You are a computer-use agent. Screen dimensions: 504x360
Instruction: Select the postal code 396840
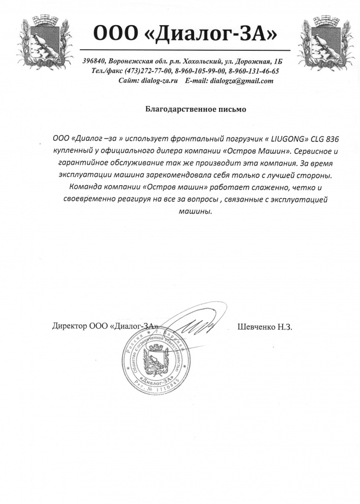pos(94,62)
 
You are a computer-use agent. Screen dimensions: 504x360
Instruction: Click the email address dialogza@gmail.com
pos(241,81)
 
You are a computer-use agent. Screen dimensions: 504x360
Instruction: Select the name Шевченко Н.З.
pos(265,326)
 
